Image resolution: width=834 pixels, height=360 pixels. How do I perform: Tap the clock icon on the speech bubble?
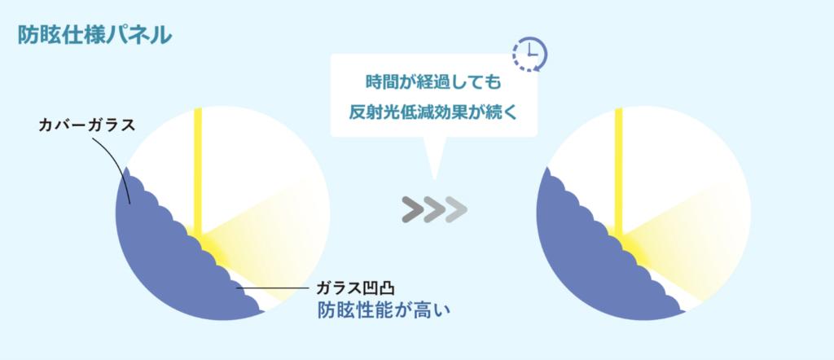[x=529, y=53]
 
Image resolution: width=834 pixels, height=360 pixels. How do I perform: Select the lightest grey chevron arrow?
[x=457, y=209]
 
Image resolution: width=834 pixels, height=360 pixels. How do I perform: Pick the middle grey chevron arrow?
[x=435, y=209]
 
